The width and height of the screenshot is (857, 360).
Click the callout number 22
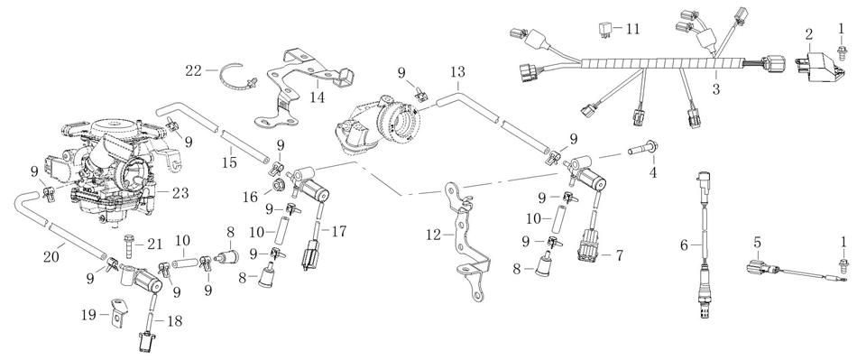(193, 70)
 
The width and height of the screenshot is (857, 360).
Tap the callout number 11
(632, 29)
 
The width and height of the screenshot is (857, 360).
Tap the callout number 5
(757, 242)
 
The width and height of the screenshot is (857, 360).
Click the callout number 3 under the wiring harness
(716, 90)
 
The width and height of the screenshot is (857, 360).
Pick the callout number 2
(809, 34)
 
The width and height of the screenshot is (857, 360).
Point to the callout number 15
(229, 162)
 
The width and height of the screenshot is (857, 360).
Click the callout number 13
(457, 71)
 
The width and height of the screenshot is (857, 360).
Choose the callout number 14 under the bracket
(317, 97)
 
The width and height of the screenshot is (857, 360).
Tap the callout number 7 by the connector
(619, 255)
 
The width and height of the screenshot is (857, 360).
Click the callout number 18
(175, 320)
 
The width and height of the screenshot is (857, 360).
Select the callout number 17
(339, 231)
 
